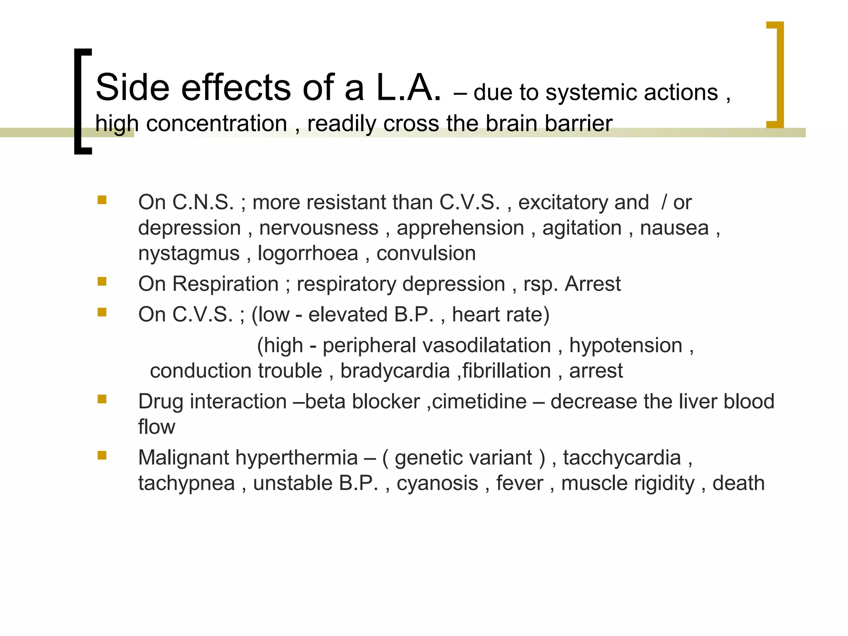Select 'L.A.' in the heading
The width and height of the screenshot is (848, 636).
tap(408, 87)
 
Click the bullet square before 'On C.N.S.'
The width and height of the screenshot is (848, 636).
tap(102, 200)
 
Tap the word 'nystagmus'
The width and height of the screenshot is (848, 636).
tap(189, 253)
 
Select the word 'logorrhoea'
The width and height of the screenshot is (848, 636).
tap(308, 253)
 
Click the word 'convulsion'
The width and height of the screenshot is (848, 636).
tap(426, 253)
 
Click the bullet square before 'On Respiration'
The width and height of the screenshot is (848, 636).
tap(102, 282)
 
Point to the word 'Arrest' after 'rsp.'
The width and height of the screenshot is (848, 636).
tap(593, 284)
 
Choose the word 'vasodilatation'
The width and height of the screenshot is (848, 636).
tap(437, 345)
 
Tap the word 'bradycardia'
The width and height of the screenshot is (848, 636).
tap(395, 371)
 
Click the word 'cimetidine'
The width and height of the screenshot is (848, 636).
tap(479, 402)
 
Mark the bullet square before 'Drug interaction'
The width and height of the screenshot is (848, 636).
tap(102, 399)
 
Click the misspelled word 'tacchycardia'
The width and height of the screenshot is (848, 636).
tap(622, 458)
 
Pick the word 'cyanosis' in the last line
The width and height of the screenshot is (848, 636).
tap(437, 483)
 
